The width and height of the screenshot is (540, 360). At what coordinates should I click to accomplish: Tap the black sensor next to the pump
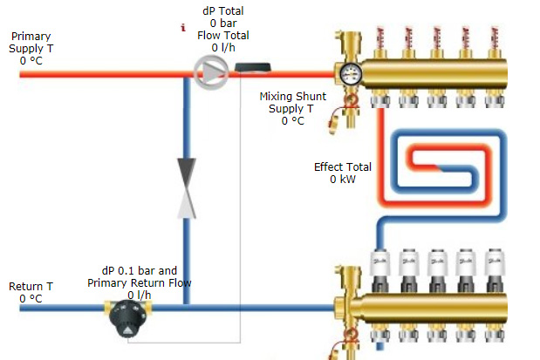click(x=251, y=67)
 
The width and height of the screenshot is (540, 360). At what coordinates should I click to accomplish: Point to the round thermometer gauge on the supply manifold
click(x=352, y=73)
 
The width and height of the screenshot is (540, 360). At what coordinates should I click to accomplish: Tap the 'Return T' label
click(x=31, y=287)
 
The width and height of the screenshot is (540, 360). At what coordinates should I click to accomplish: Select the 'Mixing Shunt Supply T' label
click(x=293, y=103)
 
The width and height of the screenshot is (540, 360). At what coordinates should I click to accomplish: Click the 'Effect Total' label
click(x=343, y=166)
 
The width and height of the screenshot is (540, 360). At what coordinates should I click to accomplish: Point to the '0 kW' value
click(x=343, y=179)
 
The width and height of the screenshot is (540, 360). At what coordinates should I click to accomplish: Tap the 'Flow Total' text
click(x=223, y=36)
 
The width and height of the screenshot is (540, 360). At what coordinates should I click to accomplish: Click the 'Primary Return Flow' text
click(x=139, y=282)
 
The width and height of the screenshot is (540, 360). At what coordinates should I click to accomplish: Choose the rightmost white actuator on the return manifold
click(x=493, y=262)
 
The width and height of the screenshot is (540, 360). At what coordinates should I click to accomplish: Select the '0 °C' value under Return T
click(x=31, y=299)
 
